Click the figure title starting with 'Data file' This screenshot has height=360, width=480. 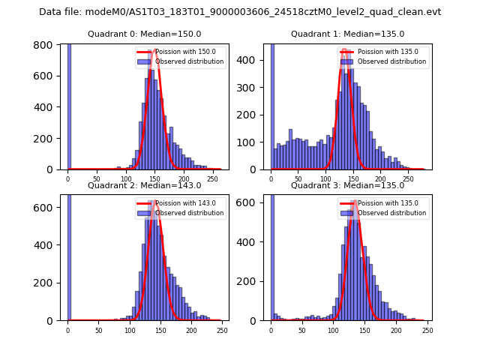tap(240, 12)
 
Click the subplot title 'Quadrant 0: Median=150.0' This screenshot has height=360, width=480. tap(145, 34)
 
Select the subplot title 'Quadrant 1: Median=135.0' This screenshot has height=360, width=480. tap(347, 34)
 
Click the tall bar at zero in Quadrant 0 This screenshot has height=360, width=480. tap(68, 105)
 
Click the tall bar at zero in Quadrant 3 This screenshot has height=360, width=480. tap(271, 255)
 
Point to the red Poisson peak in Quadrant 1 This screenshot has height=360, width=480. tap(345, 51)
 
